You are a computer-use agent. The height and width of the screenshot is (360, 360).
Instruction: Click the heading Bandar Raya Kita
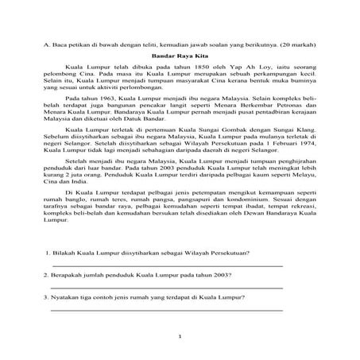[179, 56]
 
